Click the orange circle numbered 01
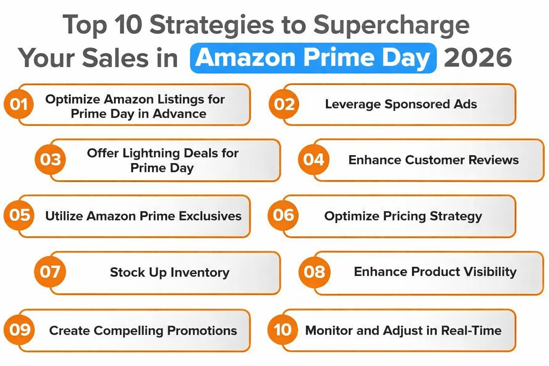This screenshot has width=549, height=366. click(19, 104)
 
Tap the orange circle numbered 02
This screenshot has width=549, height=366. click(284, 104)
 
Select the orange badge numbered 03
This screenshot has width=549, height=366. click(50, 159)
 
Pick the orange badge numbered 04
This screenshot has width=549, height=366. click(313, 159)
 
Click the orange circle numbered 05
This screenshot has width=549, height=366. click(19, 215)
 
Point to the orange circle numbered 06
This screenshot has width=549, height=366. click(283, 215)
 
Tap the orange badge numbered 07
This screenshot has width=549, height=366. click(50, 272)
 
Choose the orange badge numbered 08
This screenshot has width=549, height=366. click(314, 272)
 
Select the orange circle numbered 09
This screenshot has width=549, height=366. click(19, 330)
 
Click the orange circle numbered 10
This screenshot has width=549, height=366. click(282, 330)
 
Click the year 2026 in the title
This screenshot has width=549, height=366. click(478, 58)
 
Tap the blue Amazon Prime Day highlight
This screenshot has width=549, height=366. click(313, 58)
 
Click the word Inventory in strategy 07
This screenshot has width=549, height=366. click(200, 272)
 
